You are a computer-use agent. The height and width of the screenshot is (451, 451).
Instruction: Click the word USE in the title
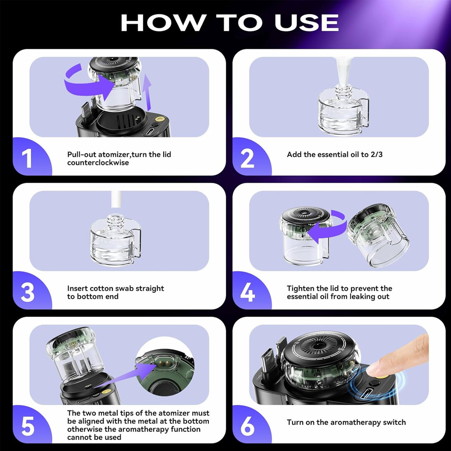(307, 23)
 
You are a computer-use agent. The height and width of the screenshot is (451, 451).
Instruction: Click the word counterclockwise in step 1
(98, 163)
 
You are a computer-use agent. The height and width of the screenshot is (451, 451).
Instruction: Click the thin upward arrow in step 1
(147, 92)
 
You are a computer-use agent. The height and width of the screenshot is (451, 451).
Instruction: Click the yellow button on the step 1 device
(160, 119)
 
